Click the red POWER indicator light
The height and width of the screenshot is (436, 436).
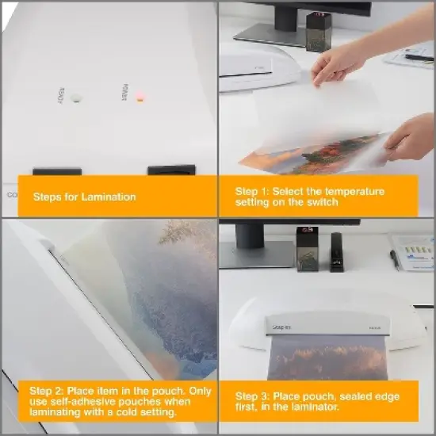140,99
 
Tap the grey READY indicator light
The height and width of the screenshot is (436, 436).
75,98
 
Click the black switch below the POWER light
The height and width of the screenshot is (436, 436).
171,170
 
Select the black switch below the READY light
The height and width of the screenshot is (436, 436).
56,170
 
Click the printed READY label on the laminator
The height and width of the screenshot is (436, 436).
61,97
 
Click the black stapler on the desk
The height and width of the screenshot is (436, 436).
338,252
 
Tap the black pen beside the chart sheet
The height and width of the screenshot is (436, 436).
394,260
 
